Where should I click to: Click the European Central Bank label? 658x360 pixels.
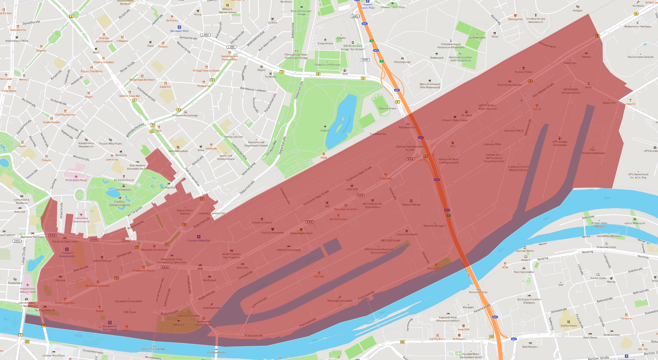[128, 301]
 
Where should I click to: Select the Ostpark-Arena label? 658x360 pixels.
[387, 109]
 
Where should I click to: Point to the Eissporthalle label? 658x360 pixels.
[325, 43]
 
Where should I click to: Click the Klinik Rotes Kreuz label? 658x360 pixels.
[76, 180]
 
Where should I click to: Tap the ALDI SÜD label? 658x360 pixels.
[352, 189]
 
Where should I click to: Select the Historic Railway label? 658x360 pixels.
[411, 205]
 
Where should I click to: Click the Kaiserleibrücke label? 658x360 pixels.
[478, 292]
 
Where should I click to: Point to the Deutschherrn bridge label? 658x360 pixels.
[153, 349]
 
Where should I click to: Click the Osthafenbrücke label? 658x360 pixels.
[216, 352]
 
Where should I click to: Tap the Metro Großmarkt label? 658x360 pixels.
[430, 86]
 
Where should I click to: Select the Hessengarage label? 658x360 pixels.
[402, 62]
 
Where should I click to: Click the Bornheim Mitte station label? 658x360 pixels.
[179, 31]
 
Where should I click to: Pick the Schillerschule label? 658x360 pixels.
[569, 326]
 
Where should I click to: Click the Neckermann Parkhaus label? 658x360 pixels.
[637, 26]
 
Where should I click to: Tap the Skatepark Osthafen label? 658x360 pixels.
[189, 316]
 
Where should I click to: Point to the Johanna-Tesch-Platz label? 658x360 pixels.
[392, 7]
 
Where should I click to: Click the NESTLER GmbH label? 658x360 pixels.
[391, 240]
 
